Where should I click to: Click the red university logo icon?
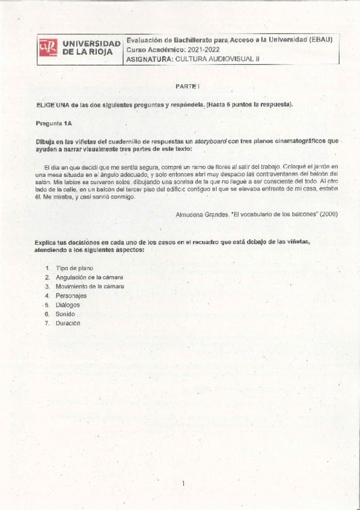(x=48, y=49)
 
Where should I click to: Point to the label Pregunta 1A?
(x=54, y=123)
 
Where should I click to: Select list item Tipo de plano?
(x=75, y=268)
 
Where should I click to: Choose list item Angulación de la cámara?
(x=89, y=277)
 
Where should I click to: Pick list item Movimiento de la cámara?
(x=90, y=286)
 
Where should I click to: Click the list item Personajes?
(x=71, y=295)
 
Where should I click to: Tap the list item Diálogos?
(x=67, y=305)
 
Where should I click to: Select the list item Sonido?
(x=66, y=314)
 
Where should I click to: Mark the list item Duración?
(x=67, y=323)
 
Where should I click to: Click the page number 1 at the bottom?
(x=183, y=484)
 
